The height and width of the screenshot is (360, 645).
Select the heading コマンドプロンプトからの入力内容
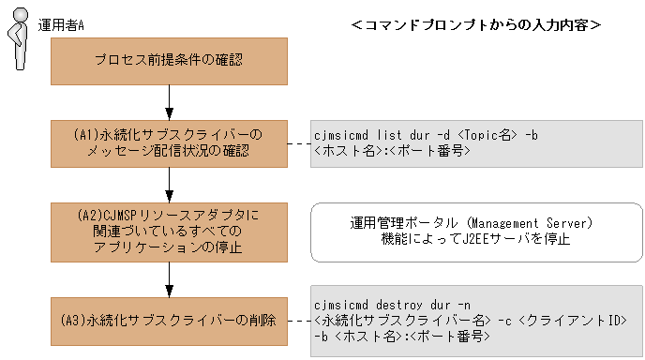[x=475, y=24]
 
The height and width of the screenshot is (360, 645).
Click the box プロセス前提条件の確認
[x=169, y=60]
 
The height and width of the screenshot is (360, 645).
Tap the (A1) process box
[x=169, y=142]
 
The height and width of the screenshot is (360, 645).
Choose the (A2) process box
[x=169, y=231]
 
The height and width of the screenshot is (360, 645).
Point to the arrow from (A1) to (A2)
[x=169, y=184]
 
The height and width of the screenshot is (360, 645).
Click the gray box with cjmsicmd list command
[x=475, y=142]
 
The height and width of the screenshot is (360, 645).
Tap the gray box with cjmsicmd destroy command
[x=475, y=321]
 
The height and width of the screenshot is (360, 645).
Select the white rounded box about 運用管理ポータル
[x=475, y=231]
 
